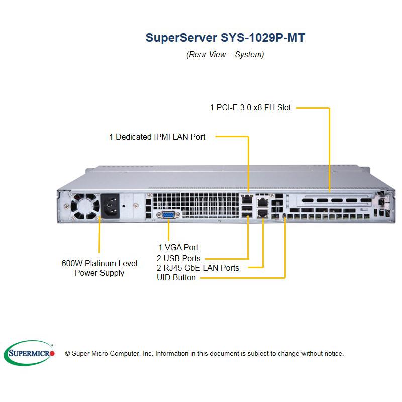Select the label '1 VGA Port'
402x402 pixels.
pos(178,247)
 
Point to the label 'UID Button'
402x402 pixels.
pos(176,277)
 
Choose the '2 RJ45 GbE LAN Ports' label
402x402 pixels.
pos(198,268)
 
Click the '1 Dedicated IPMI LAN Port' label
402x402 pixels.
pos(157,136)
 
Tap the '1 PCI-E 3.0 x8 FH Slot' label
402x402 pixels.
pos(250,107)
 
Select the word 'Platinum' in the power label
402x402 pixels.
pos(100,263)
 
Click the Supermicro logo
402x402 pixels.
pos(29,354)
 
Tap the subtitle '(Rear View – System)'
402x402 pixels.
pos(225,54)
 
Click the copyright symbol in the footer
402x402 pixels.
pos(68,354)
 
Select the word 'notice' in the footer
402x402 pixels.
pos(332,354)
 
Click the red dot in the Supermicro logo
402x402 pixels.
pos(52,354)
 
